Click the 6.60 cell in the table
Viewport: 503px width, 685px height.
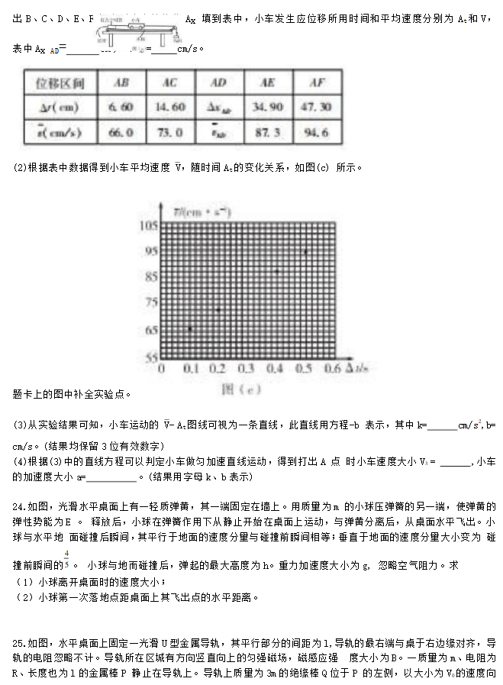click(x=122, y=107)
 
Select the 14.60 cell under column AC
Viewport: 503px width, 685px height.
click(x=170, y=107)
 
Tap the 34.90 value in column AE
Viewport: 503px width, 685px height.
click(x=267, y=107)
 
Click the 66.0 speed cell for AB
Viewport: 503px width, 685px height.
click(x=122, y=132)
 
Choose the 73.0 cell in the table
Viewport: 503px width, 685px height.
click(x=170, y=132)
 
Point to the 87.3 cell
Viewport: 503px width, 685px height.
click(x=267, y=132)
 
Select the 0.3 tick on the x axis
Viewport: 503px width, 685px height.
click(x=247, y=368)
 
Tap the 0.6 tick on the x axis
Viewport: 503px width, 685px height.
click(x=332, y=368)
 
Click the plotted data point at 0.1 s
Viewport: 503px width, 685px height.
click(x=190, y=328)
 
